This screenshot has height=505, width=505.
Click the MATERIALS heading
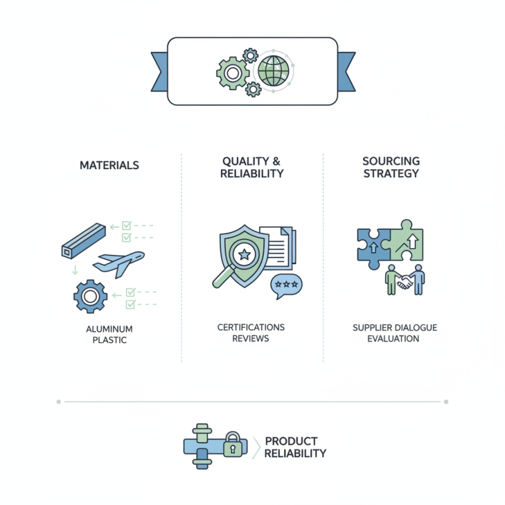[109, 165]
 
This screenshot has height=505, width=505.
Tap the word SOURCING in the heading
[391, 161]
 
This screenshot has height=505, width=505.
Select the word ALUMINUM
[109, 329]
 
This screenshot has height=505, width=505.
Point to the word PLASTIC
[109, 340]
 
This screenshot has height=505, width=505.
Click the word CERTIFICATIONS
[251, 327]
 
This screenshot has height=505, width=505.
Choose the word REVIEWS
[251, 338]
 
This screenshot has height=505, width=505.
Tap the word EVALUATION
[393, 338]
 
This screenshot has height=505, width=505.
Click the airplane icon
[119, 263]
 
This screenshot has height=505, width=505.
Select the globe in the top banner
[273, 71]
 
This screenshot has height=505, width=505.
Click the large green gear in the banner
[232, 73]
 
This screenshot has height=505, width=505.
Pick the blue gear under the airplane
[90, 296]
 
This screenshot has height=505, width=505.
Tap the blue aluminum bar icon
[83, 241]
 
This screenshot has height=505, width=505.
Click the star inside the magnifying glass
[244, 254]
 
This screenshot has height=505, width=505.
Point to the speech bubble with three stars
[286, 285]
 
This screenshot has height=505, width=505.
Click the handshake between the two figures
[405, 282]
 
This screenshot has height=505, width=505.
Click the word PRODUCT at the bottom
[291, 441]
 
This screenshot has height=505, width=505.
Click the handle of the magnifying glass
[223, 276]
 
